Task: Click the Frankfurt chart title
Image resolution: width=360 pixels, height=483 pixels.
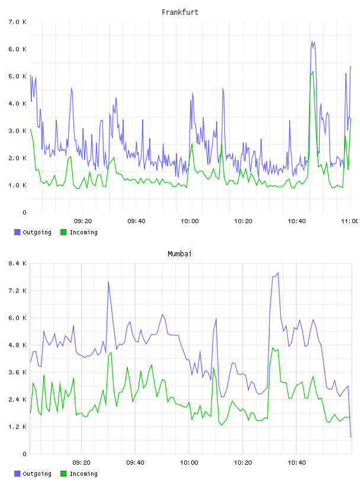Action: tap(180, 12)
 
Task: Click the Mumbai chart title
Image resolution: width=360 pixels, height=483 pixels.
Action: tap(179, 254)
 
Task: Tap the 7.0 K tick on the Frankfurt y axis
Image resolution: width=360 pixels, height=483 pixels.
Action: tap(18, 22)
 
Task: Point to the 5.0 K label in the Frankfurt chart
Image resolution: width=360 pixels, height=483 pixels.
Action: tap(18, 76)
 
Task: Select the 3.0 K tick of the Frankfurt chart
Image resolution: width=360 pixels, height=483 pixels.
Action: tap(18, 131)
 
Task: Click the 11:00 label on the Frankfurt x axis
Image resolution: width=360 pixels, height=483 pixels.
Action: tap(350, 221)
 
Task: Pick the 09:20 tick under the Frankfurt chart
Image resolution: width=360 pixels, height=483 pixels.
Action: tap(83, 221)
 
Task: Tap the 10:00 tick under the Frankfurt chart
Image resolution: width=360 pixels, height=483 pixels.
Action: tap(189, 221)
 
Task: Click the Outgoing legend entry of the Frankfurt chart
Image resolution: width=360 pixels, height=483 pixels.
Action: tap(33, 232)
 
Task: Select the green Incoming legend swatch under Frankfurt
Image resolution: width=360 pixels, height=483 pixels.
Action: tap(63, 232)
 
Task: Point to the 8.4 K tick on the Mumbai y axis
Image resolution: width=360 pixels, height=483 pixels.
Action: tap(18, 263)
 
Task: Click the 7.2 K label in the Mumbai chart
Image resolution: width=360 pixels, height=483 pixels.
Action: tap(18, 291)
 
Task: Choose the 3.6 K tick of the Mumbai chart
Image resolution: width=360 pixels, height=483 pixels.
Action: tap(18, 372)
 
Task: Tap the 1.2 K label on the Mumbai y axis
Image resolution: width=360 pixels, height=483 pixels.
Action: tap(18, 427)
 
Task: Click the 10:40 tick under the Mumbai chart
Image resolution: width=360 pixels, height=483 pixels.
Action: tap(297, 463)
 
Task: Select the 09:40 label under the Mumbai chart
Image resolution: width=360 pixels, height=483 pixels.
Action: tap(136, 463)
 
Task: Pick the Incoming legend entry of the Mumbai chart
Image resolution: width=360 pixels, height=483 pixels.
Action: tap(79, 474)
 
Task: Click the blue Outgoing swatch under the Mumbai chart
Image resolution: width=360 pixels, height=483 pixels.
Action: tap(17, 474)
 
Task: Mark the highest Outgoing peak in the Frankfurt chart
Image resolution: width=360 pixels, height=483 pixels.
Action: tap(312, 41)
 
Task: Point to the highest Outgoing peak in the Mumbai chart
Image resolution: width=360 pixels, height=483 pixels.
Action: tap(278, 273)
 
